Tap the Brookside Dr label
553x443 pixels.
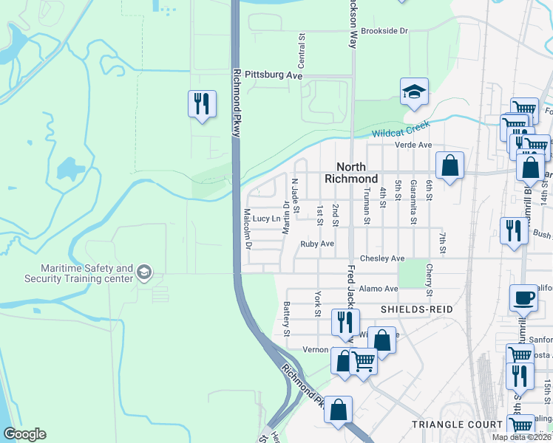[x=384, y=31]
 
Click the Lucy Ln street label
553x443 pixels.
[x=267, y=219]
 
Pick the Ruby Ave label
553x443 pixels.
[x=317, y=244]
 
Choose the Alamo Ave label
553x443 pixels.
[x=379, y=289]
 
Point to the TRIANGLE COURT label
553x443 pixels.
[x=457, y=425]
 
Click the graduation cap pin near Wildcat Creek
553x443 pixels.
[x=414, y=93]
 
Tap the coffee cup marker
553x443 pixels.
[x=523, y=299]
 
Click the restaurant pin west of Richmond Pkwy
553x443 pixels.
[x=202, y=104]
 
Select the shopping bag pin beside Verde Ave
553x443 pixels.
[x=449, y=167]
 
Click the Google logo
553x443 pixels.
[x=24, y=434]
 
